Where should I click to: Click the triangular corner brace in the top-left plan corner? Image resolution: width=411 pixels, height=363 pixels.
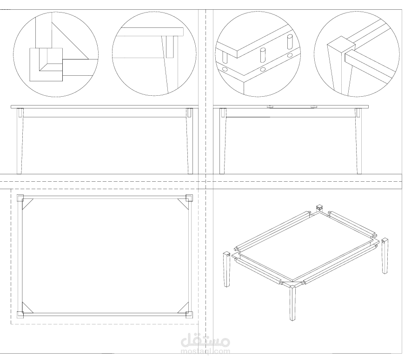(26, 203)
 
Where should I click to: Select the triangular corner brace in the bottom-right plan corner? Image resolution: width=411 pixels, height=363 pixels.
(185, 309)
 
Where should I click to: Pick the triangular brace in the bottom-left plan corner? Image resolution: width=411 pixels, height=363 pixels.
(26, 309)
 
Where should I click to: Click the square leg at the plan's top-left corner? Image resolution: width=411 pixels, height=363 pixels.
(20, 198)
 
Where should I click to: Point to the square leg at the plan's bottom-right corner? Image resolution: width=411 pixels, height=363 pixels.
(189, 315)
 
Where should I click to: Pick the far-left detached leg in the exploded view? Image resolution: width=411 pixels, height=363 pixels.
(227, 270)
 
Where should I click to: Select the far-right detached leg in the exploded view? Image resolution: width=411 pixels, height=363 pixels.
(385, 256)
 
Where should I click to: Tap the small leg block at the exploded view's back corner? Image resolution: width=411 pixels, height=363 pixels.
(319, 208)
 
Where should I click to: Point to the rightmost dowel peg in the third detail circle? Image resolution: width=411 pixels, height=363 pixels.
(290, 42)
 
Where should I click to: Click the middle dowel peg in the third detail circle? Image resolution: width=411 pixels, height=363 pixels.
(263, 55)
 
